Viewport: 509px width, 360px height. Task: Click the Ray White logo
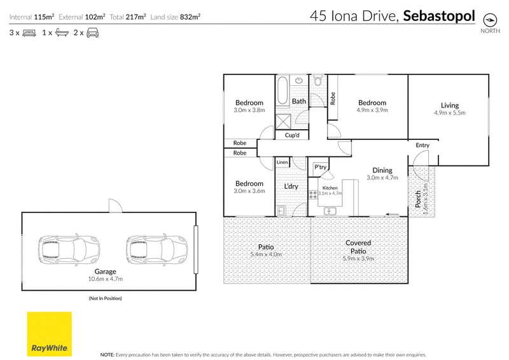coord(50,334)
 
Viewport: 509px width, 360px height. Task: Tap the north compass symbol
coord(490,20)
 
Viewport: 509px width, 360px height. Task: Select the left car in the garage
coord(69,249)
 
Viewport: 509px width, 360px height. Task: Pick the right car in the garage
coord(157,249)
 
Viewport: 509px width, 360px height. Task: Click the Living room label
coord(450,105)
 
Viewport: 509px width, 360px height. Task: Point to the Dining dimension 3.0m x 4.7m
coord(382,177)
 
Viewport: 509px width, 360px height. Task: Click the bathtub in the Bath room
coord(282,90)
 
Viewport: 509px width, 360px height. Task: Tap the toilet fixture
coord(317,81)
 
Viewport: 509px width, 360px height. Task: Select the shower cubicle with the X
coord(283,121)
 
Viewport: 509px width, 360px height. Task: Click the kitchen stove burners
coord(313,195)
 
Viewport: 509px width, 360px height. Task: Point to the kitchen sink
coord(330,211)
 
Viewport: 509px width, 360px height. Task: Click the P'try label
coord(321,167)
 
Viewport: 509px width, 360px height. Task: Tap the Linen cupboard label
coord(282,162)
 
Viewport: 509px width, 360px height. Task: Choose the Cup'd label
coord(292,135)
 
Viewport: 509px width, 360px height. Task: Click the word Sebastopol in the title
coord(439,16)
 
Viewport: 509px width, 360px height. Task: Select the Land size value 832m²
coord(190,17)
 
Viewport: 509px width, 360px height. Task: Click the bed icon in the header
coord(29,33)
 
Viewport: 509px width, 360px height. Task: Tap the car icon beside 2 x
coord(92,32)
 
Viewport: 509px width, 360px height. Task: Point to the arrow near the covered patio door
coord(392,214)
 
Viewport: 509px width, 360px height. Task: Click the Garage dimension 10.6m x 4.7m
coord(105,279)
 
